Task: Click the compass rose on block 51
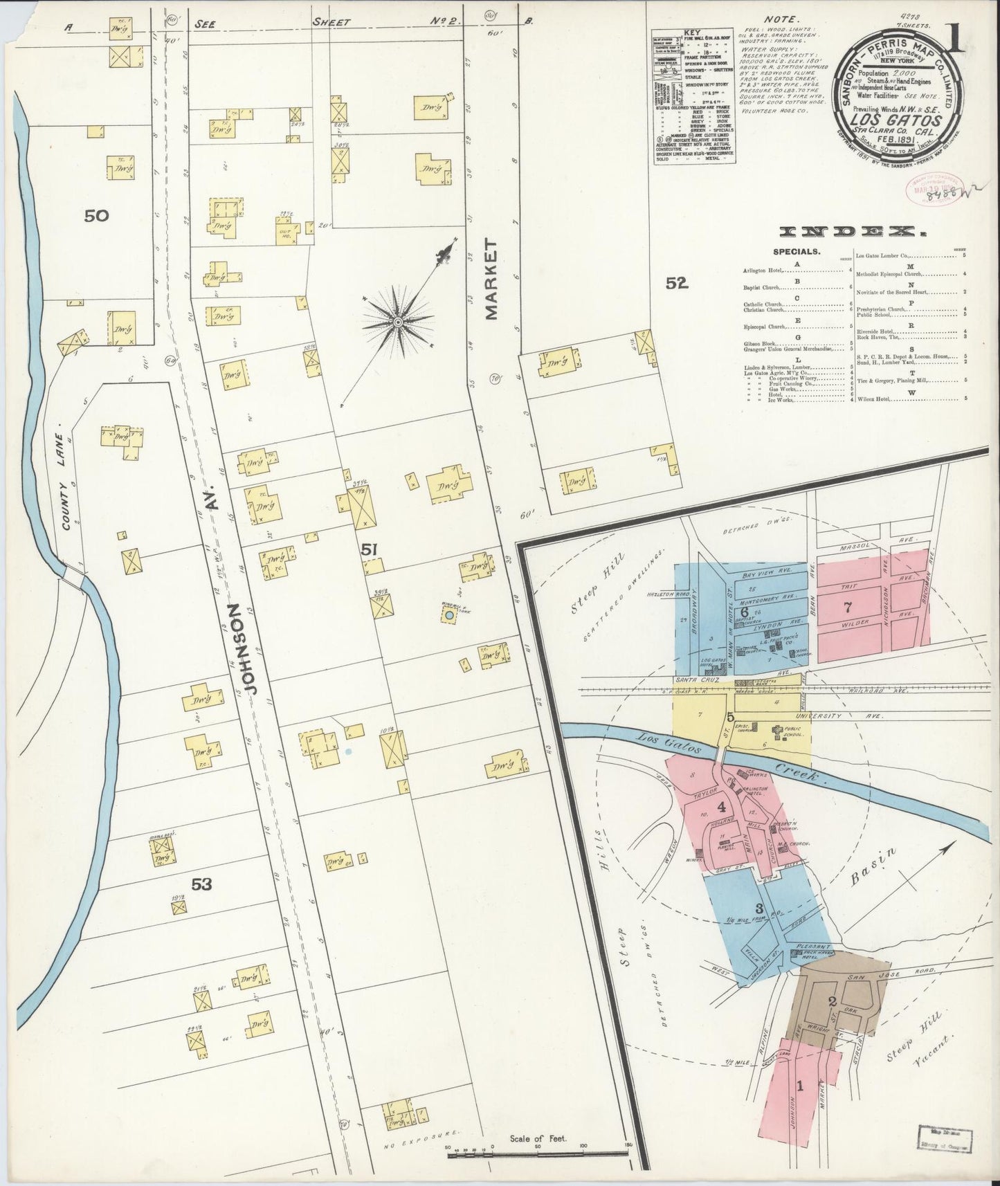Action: coord(399,322)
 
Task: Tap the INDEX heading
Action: coord(842,233)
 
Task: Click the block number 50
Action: coord(96,216)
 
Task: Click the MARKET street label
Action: coord(491,280)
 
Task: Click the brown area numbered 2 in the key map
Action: coord(833,1002)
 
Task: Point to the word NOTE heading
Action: coord(781,19)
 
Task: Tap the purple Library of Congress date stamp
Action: coord(927,187)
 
